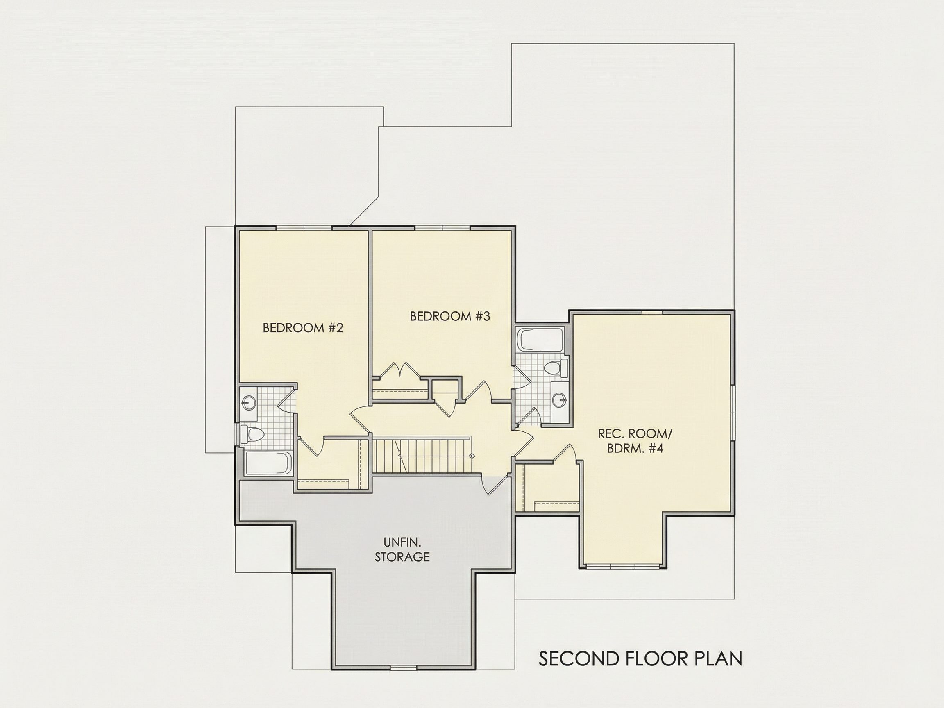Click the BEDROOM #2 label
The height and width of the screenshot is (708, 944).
pyautogui.click(x=303, y=328)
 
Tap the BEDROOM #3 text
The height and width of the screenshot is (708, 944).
pyautogui.click(x=450, y=316)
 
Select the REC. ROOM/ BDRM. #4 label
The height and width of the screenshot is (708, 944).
pyautogui.click(x=635, y=441)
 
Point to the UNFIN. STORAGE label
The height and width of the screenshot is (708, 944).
pyautogui.click(x=402, y=550)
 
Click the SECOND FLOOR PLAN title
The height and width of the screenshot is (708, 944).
pyautogui.click(x=640, y=658)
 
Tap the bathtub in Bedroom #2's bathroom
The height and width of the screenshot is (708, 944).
pyautogui.click(x=268, y=463)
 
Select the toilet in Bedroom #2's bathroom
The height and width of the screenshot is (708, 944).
pyautogui.click(x=252, y=434)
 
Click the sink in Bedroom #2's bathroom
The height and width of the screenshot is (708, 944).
pyautogui.click(x=249, y=402)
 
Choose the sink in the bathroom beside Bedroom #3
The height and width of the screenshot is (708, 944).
pyautogui.click(x=559, y=400)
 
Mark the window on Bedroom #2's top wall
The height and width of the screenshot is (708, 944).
pyautogui.click(x=304, y=228)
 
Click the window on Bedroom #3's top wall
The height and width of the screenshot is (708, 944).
pyautogui.click(x=442, y=228)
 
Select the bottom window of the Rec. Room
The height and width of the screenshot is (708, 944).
pyautogui.click(x=623, y=566)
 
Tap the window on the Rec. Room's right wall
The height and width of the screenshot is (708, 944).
pyautogui.click(x=732, y=413)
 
